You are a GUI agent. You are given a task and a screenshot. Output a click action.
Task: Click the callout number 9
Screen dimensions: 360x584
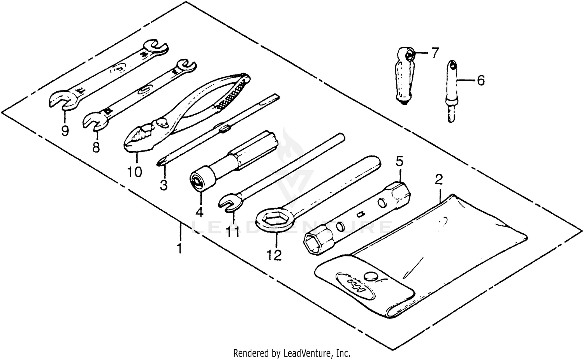point(65,131)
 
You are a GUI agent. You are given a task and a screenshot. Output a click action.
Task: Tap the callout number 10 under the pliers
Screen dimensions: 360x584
point(134,171)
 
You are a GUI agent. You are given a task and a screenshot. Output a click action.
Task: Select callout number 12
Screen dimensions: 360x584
point(274,255)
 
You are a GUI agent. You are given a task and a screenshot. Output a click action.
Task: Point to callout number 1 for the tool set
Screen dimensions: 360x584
point(179,248)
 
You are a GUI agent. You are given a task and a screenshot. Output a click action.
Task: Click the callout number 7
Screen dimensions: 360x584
point(434,52)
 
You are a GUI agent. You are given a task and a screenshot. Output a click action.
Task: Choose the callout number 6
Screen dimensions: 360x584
point(480,81)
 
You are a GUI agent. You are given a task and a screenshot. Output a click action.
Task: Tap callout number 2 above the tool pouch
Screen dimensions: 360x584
point(439,180)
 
